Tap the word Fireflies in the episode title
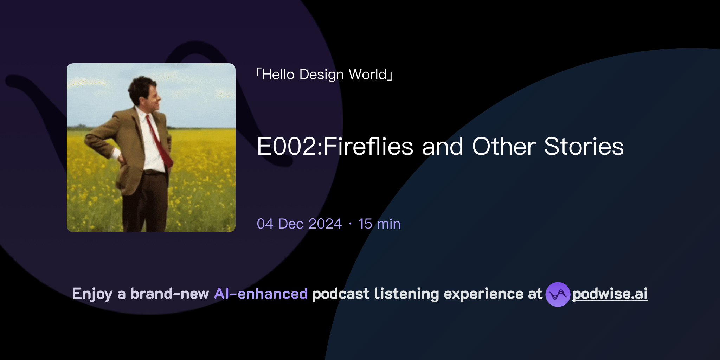click(x=368, y=147)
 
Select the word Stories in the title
click(x=584, y=147)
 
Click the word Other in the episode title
click(x=504, y=147)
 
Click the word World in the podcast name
click(x=367, y=75)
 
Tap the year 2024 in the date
click(x=325, y=224)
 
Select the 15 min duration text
click(x=379, y=224)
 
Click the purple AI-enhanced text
click(x=261, y=294)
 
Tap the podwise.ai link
click(x=610, y=294)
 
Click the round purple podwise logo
click(x=558, y=294)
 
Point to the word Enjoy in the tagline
click(x=92, y=294)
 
